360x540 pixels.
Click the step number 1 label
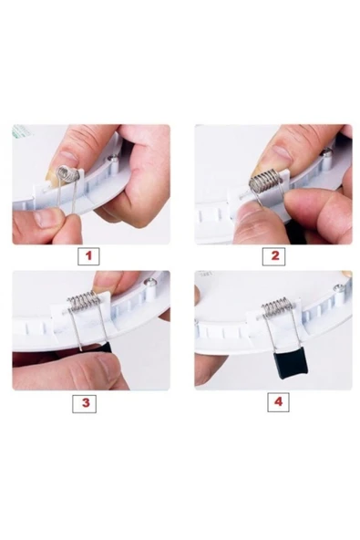tap(88, 256)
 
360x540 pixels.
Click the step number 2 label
tap(274, 256)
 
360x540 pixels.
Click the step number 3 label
tap(84, 403)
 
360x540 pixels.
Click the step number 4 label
tap(278, 402)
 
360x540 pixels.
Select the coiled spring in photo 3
tap(84, 300)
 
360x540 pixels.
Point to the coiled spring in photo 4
tap(278, 306)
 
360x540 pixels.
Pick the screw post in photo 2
tap(326, 157)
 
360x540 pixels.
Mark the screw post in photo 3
tap(150, 288)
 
